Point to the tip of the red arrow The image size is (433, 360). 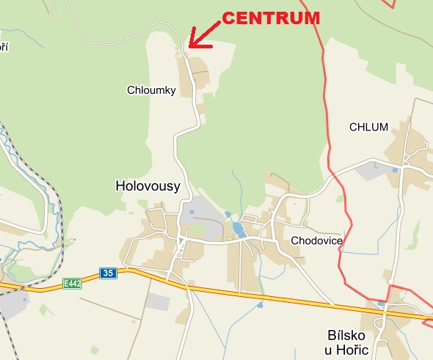pyautogui.click(x=189, y=47)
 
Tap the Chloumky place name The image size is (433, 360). pyautogui.click(x=151, y=89)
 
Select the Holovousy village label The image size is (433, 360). pyautogui.click(x=148, y=186)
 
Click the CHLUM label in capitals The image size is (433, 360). pyautogui.click(x=368, y=127)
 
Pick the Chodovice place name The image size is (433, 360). pyautogui.click(x=316, y=240)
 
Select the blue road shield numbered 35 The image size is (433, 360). pyautogui.click(x=109, y=273)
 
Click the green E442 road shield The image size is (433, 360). pyautogui.click(x=72, y=283)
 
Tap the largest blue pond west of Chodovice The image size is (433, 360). pyautogui.click(x=239, y=229)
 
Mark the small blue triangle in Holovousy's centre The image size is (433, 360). pyautogui.click(x=181, y=240)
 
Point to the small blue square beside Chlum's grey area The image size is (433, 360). pyautogui.click(x=395, y=170)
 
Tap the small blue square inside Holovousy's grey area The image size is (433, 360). pyautogui.click(x=192, y=213)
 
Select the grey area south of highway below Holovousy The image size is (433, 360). pyautogui.click(x=158, y=301)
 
